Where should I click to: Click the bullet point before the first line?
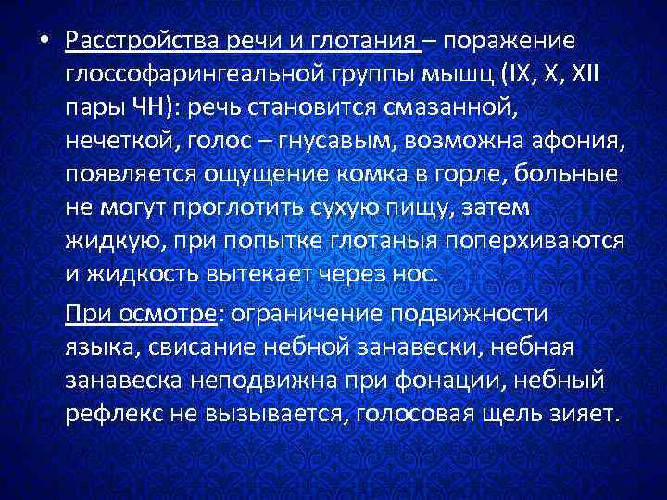[44, 42]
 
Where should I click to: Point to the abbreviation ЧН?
[151, 108]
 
